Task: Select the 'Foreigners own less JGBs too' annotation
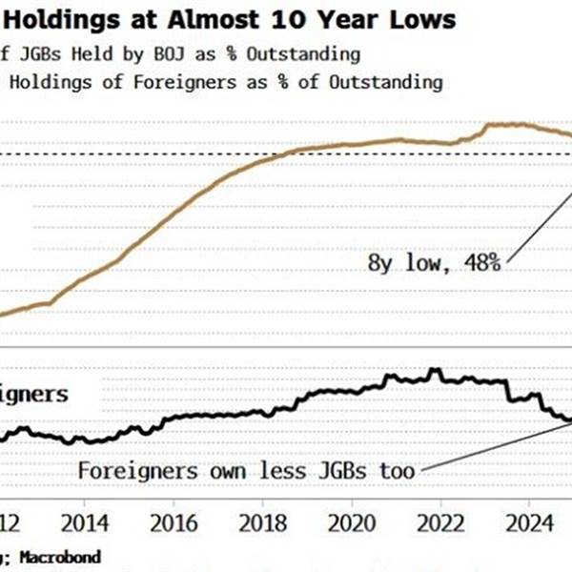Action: (x=246, y=471)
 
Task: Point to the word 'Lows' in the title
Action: (x=423, y=18)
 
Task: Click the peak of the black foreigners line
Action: (x=435, y=369)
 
